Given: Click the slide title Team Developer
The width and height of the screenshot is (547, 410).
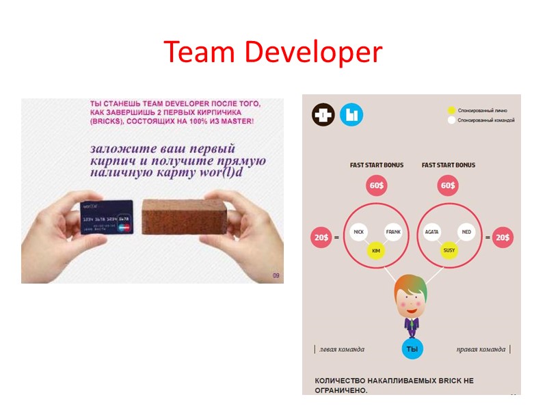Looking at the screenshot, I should (x=273, y=52).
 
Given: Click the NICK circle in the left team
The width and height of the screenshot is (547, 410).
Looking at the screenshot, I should (x=358, y=232).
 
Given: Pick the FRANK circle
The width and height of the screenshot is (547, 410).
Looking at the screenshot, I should (x=393, y=232).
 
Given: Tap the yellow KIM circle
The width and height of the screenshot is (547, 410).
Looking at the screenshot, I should (x=375, y=251).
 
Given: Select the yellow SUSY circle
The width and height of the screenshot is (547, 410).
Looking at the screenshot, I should (x=449, y=251).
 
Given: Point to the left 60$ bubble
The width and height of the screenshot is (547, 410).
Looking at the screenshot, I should (x=376, y=186).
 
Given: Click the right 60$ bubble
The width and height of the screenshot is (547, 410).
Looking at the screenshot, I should (x=448, y=186).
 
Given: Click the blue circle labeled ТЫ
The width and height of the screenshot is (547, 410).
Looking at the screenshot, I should (x=412, y=348).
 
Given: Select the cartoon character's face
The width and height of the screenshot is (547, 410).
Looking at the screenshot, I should (x=412, y=298).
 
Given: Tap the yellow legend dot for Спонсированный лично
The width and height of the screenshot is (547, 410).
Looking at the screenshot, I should (x=451, y=110).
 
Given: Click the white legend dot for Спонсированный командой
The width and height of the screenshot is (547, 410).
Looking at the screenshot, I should (x=451, y=120).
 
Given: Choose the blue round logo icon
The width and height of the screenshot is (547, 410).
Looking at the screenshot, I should (x=351, y=115).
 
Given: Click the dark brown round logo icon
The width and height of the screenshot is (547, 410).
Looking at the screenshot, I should (x=323, y=115).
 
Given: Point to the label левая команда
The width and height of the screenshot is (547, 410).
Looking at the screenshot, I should (x=341, y=349).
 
